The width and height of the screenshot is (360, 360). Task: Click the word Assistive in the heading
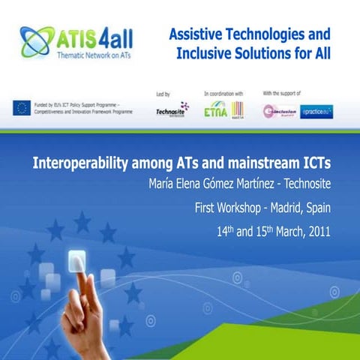(x=198, y=34)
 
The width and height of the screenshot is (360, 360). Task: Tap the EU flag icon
(x=20, y=107)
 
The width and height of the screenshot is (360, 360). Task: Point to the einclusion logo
(x=278, y=111)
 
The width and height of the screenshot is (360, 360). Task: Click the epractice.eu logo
(x=316, y=112)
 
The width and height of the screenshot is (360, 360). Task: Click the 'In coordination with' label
(x=223, y=94)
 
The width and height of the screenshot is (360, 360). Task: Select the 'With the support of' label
(x=282, y=94)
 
